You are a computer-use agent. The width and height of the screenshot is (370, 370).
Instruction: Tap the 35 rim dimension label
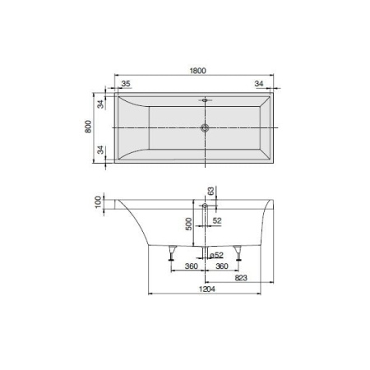[127, 83]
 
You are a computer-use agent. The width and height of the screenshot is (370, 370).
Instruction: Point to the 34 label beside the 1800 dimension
[260, 83]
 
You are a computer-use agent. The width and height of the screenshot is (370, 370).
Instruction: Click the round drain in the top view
[205, 128]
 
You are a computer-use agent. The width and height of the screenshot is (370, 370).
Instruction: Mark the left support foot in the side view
[172, 254]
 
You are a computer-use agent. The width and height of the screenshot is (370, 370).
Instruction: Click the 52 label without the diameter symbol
[218, 221]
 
